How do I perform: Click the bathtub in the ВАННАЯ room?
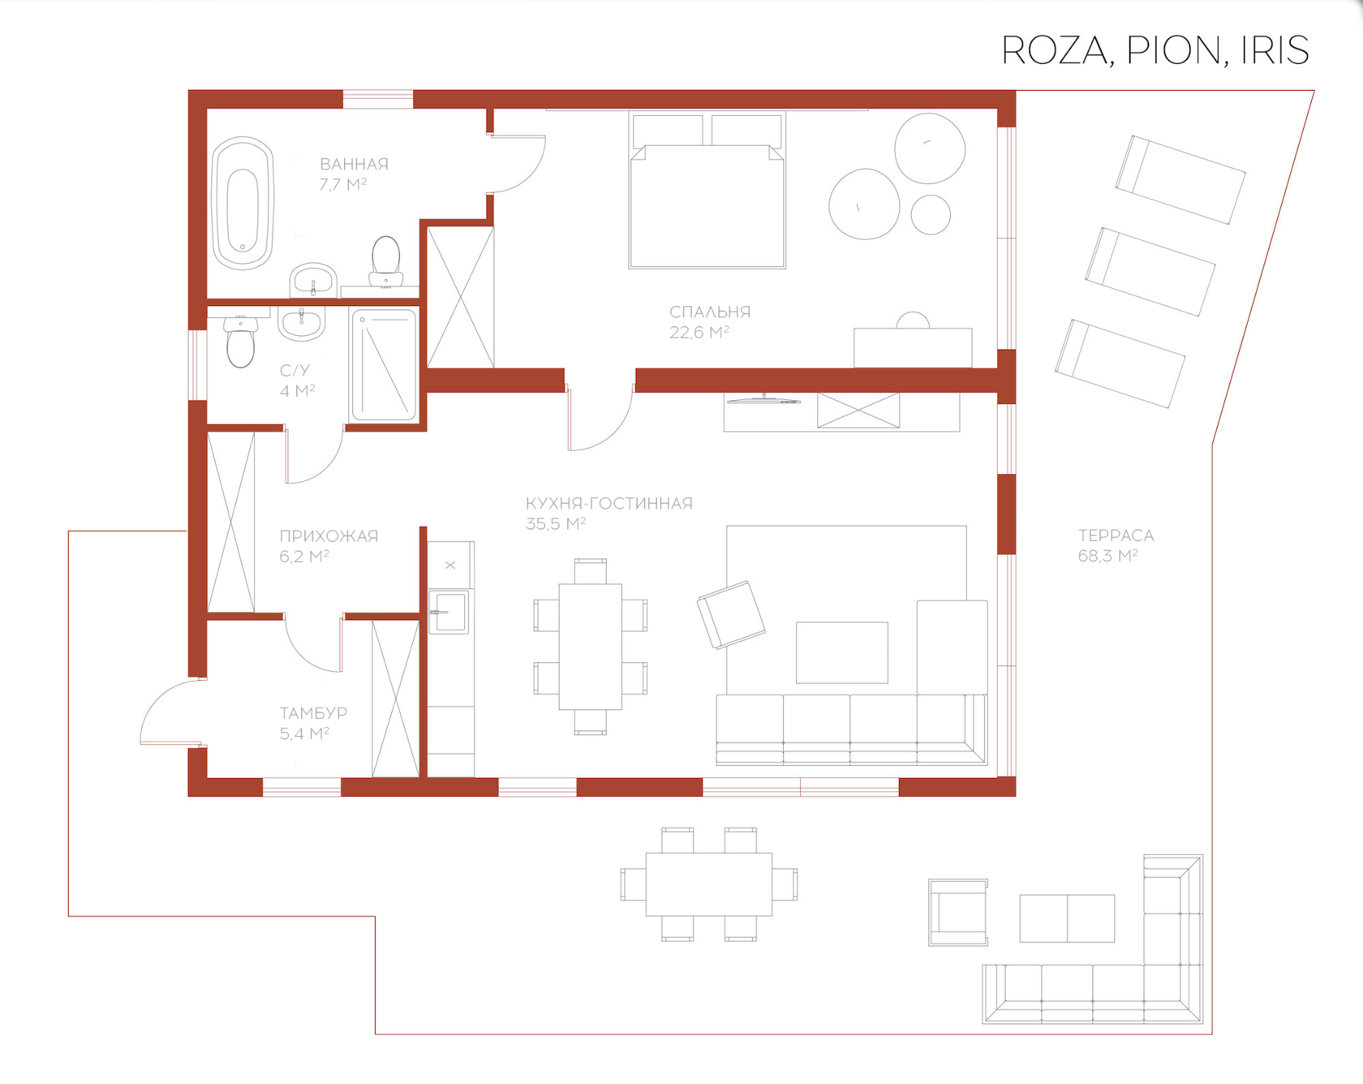click(243, 203)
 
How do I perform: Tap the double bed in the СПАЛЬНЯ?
click(707, 191)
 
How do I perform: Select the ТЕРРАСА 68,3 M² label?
click(1116, 545)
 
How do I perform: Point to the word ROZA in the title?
click(1054, 50)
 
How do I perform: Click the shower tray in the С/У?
click(384, 365)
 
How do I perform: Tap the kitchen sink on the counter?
click(449, 612)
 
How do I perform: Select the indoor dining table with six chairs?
click(591, 647)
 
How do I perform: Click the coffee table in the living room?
click(842, 652)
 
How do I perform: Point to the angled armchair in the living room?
click(730, 615)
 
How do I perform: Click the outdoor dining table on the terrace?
click(709, 884)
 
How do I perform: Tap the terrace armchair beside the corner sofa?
click(958, 913)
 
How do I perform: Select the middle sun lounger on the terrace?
click(1150, 272)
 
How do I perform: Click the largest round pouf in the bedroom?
click(864, 204)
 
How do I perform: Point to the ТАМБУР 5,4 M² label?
click(313, 723)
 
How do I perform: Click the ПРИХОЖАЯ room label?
click(329, 546)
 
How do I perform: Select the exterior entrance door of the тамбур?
click(170, 712)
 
